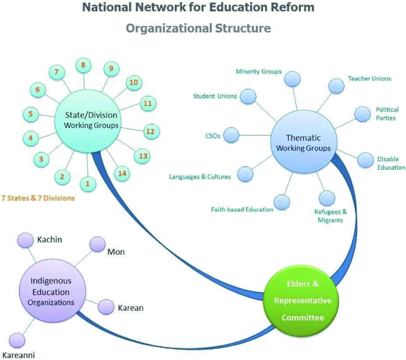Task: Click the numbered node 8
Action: coord(84,65)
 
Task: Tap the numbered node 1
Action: coord(88,184)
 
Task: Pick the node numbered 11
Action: coord(148,103)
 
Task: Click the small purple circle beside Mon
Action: coord(97,244)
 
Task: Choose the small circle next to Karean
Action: coord(106,307)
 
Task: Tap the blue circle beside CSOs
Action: coord(231,136)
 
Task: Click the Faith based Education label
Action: coord(242,209)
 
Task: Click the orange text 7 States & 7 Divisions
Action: coord(38,197)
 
